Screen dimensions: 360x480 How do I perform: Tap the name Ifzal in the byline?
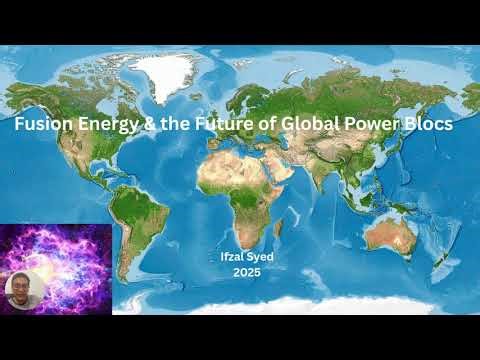click(232, 256)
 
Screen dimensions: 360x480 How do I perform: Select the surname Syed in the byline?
click(258, 256)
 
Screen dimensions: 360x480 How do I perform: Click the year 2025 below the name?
click(245, 270)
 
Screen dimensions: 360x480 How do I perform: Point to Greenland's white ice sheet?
click(165, 69)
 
